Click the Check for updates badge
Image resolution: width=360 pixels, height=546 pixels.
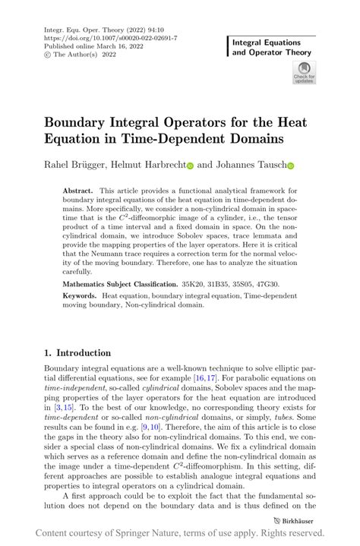click(x=304, y=73)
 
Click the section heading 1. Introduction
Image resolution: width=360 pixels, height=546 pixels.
click(x=77, y=353)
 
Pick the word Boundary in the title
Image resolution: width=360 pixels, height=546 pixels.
click(x=81, y=122)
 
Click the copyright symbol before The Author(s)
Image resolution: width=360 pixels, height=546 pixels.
click(x=49, y=55)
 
